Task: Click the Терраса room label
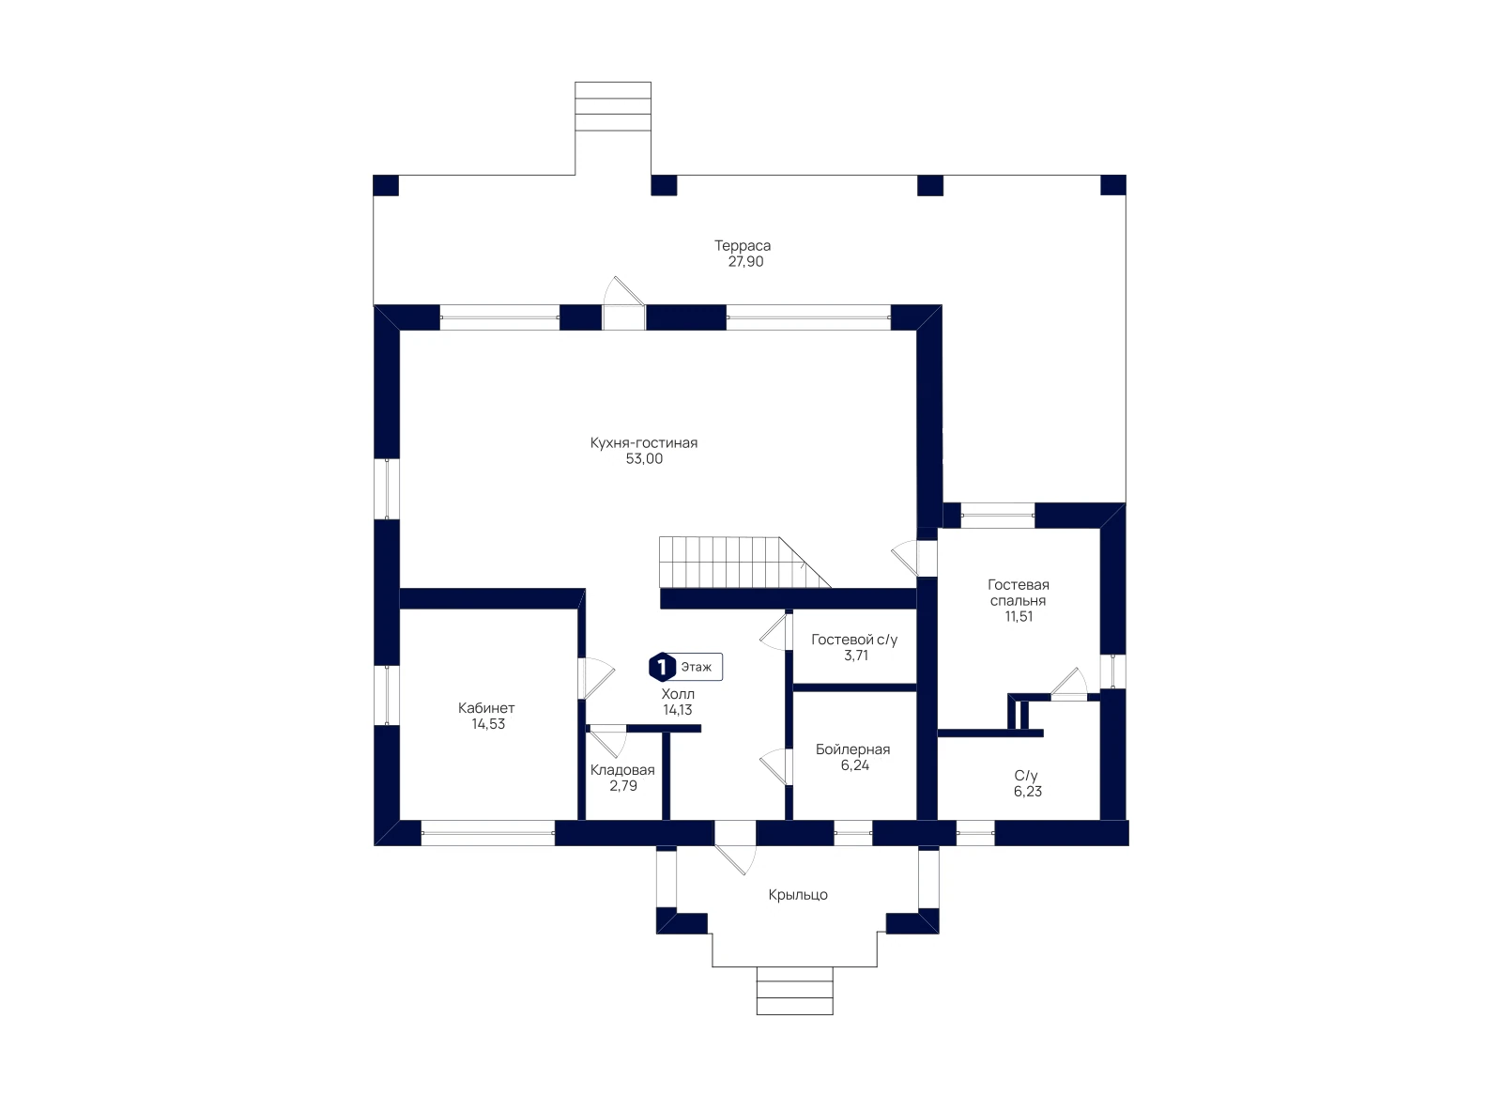pos(743,245)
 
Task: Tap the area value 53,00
pos(644,459)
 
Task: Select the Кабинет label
pos(486,707)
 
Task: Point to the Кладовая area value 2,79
pos(623,785)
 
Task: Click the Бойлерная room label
pos(852,749)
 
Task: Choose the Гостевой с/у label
pos(853,640)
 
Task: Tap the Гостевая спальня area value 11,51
pos(1018,616)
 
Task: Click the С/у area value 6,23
pos(1027,792)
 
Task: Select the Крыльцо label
pos(797,895)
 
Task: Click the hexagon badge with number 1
pos(662,667)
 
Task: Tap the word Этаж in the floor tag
pos(696,667)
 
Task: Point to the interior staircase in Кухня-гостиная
pos(744,562)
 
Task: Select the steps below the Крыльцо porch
pos(794,990)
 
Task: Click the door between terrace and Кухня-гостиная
pos(623,303)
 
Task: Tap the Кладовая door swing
pos(606,742)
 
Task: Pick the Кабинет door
pos(596,678)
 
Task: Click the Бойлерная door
pos(776,766)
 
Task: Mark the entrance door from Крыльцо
pos(736,848)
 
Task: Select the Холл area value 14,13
pos(677,710)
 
